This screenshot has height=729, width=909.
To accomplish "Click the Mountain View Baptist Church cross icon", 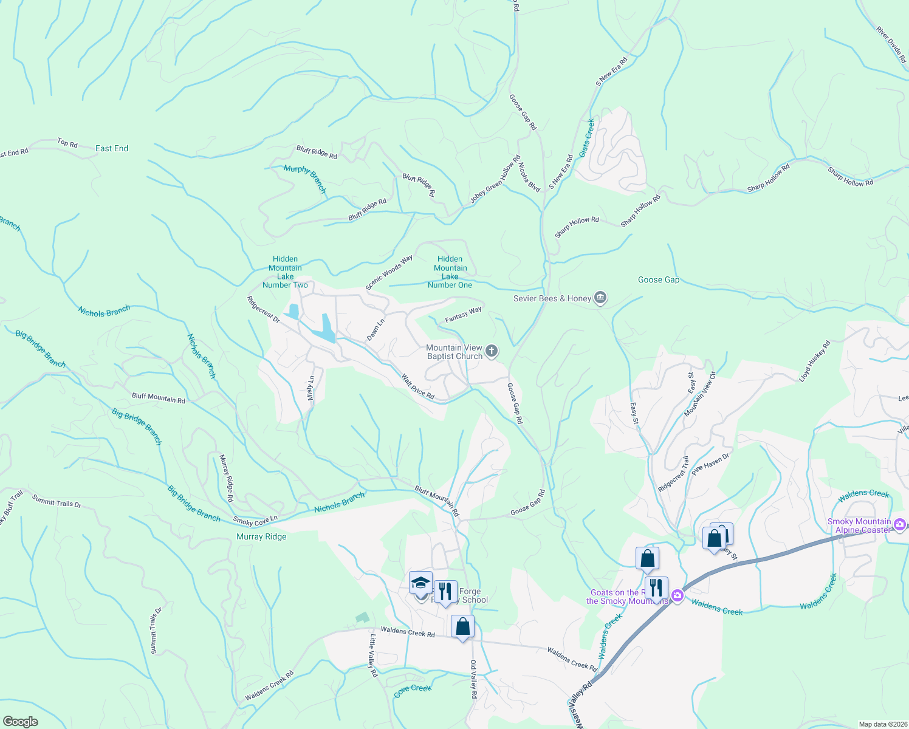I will [x=492, y=351].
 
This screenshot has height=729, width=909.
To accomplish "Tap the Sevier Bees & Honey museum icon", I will [x=600, y=298].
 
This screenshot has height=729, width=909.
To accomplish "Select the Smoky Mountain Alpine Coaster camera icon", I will [x=900, y=525].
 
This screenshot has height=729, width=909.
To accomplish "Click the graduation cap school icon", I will [x=420, y=584].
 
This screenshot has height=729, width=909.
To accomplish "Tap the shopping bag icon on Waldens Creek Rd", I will [x=462, y=626].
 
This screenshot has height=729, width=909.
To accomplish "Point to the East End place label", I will [x=112, y=148].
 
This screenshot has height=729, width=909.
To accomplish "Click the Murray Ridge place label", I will [x=261, y=536].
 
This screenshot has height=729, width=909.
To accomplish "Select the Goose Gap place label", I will [x=659, y=280].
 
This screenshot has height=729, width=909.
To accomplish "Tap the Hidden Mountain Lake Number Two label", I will [x=285, y=272].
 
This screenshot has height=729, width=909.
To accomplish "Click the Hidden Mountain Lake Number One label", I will [x=450, y=272].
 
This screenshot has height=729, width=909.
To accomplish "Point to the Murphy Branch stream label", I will [x=305, y=178].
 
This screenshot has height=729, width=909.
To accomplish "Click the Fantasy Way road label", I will [x=463, y=315].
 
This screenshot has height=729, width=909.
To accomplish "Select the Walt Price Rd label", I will [x=417, y=386].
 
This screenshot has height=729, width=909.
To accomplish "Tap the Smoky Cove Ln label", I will [x=255, y=520].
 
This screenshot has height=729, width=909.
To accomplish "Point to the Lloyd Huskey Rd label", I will [x=814, y=361].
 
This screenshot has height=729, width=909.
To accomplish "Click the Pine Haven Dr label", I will [x=710, y=463].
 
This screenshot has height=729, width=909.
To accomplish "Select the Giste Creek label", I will [x=588, y=138].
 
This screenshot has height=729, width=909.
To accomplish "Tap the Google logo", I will [x=21, y=721].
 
